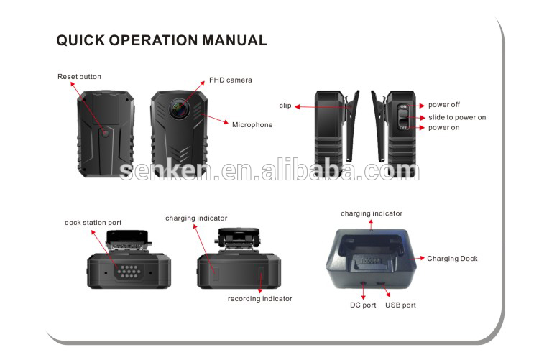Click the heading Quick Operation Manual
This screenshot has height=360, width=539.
coord(162,41)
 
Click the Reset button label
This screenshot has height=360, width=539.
coord(79,77)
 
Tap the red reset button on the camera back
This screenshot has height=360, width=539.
coord(105,133)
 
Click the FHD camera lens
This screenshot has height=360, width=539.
coord(178,108)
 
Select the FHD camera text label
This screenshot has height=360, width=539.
coord(231,80)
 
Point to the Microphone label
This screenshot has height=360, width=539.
coord(252,124)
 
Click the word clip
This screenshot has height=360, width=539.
coord(285,106)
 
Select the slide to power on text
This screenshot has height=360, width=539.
coord(457,117)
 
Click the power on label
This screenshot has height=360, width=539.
coord(444,128)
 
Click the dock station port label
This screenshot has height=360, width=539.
coord(93,223)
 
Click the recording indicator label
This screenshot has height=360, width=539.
coord(260,298)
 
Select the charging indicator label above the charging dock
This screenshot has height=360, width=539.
coord(372,213)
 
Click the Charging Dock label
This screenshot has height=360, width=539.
coord(452,259)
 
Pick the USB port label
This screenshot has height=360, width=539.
coord(400,305)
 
